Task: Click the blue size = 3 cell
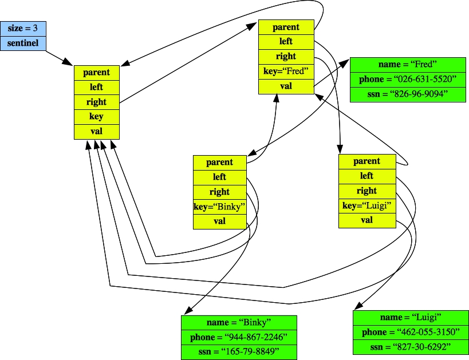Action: [23, 28]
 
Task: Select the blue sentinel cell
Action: [23, 42]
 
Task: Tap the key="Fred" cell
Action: [286, 72]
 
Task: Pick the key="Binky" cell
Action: [219, 207]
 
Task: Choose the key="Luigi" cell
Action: [366, 205]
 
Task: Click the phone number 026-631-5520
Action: [408, 79]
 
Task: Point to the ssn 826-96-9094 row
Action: [408, 94]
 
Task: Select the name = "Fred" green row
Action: [408, 64]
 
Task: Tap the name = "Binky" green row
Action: [239, 322]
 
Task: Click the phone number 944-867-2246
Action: [239, 337]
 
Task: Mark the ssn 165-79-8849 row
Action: [239, 352]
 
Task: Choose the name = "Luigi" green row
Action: [411, 317]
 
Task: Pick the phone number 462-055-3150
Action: [411, 332]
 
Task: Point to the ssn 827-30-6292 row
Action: [411, 347]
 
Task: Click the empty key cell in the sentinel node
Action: [96, 117]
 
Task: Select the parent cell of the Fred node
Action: [286, 27]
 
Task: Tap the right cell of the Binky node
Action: [219, 192]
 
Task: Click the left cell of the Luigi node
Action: [366, 176]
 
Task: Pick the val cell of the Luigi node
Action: [366, 220]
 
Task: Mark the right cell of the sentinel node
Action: [96, 102]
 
